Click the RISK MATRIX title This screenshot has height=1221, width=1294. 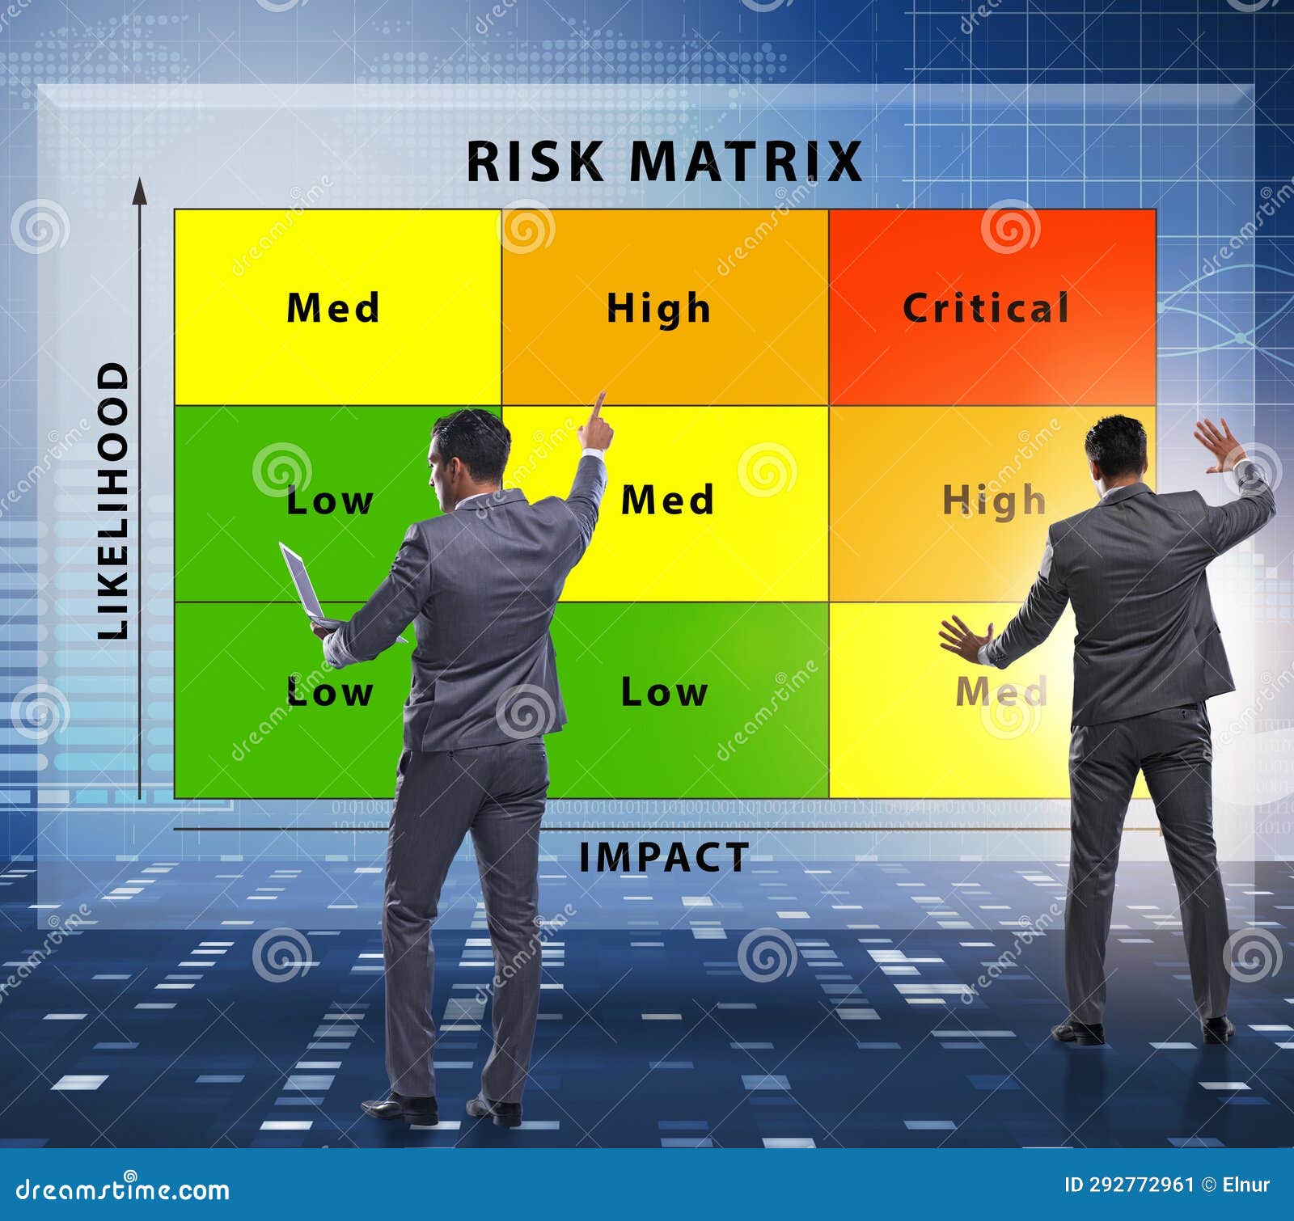coord(664,161)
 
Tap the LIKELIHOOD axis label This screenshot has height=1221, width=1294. coord(113,501)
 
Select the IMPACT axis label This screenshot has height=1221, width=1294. coord(664,857)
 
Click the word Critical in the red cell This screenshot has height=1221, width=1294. coord(986,308)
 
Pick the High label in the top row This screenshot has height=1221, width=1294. coord(658,309)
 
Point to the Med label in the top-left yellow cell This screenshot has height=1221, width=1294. coord(333,308)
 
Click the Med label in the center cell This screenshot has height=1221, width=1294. coord(668,500)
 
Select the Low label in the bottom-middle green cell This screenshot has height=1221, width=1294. coord(664,692)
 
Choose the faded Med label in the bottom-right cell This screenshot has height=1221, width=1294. coord(1001,692)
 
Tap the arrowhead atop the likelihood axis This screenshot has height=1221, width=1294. coord(140,192)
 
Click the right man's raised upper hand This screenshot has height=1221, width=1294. coord(1219,444)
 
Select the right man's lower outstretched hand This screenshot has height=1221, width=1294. coord(963,637)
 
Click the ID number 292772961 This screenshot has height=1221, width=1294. coord(1141,1185)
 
